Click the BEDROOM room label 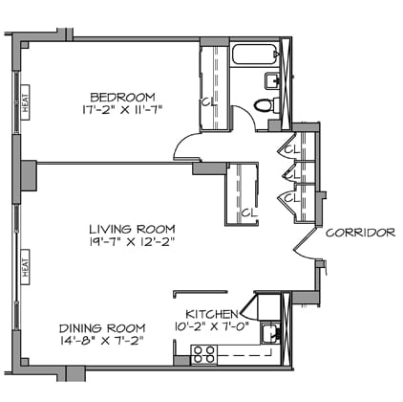pos(123,97)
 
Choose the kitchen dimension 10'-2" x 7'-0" pos(210,327)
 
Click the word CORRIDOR pos(360,233)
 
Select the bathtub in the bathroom pos(252,56)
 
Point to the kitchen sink pos(270,334)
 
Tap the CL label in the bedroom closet pos(207,102)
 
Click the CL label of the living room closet pos(247,212)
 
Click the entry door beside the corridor pos(306,243)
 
